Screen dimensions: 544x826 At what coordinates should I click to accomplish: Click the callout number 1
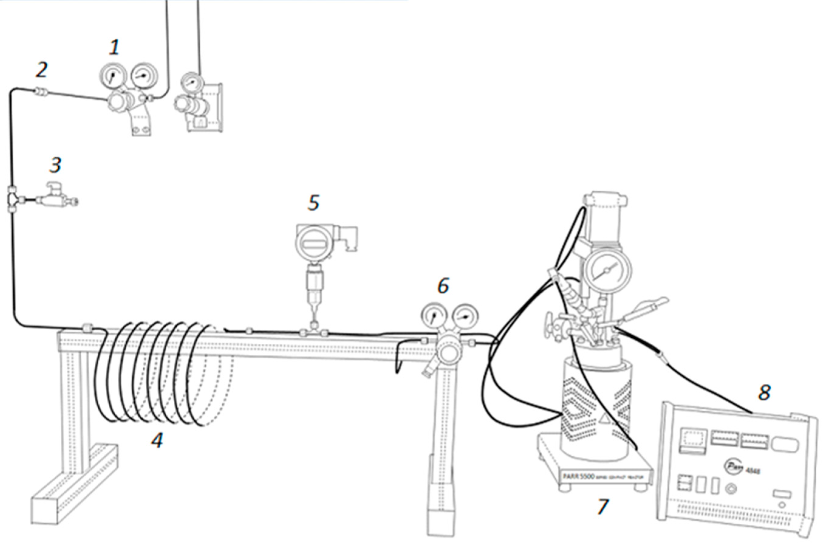click(114, 48)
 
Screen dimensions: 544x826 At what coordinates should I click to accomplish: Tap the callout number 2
click(41, 70)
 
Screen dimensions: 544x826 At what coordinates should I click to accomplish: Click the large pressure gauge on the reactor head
click(607, 270)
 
